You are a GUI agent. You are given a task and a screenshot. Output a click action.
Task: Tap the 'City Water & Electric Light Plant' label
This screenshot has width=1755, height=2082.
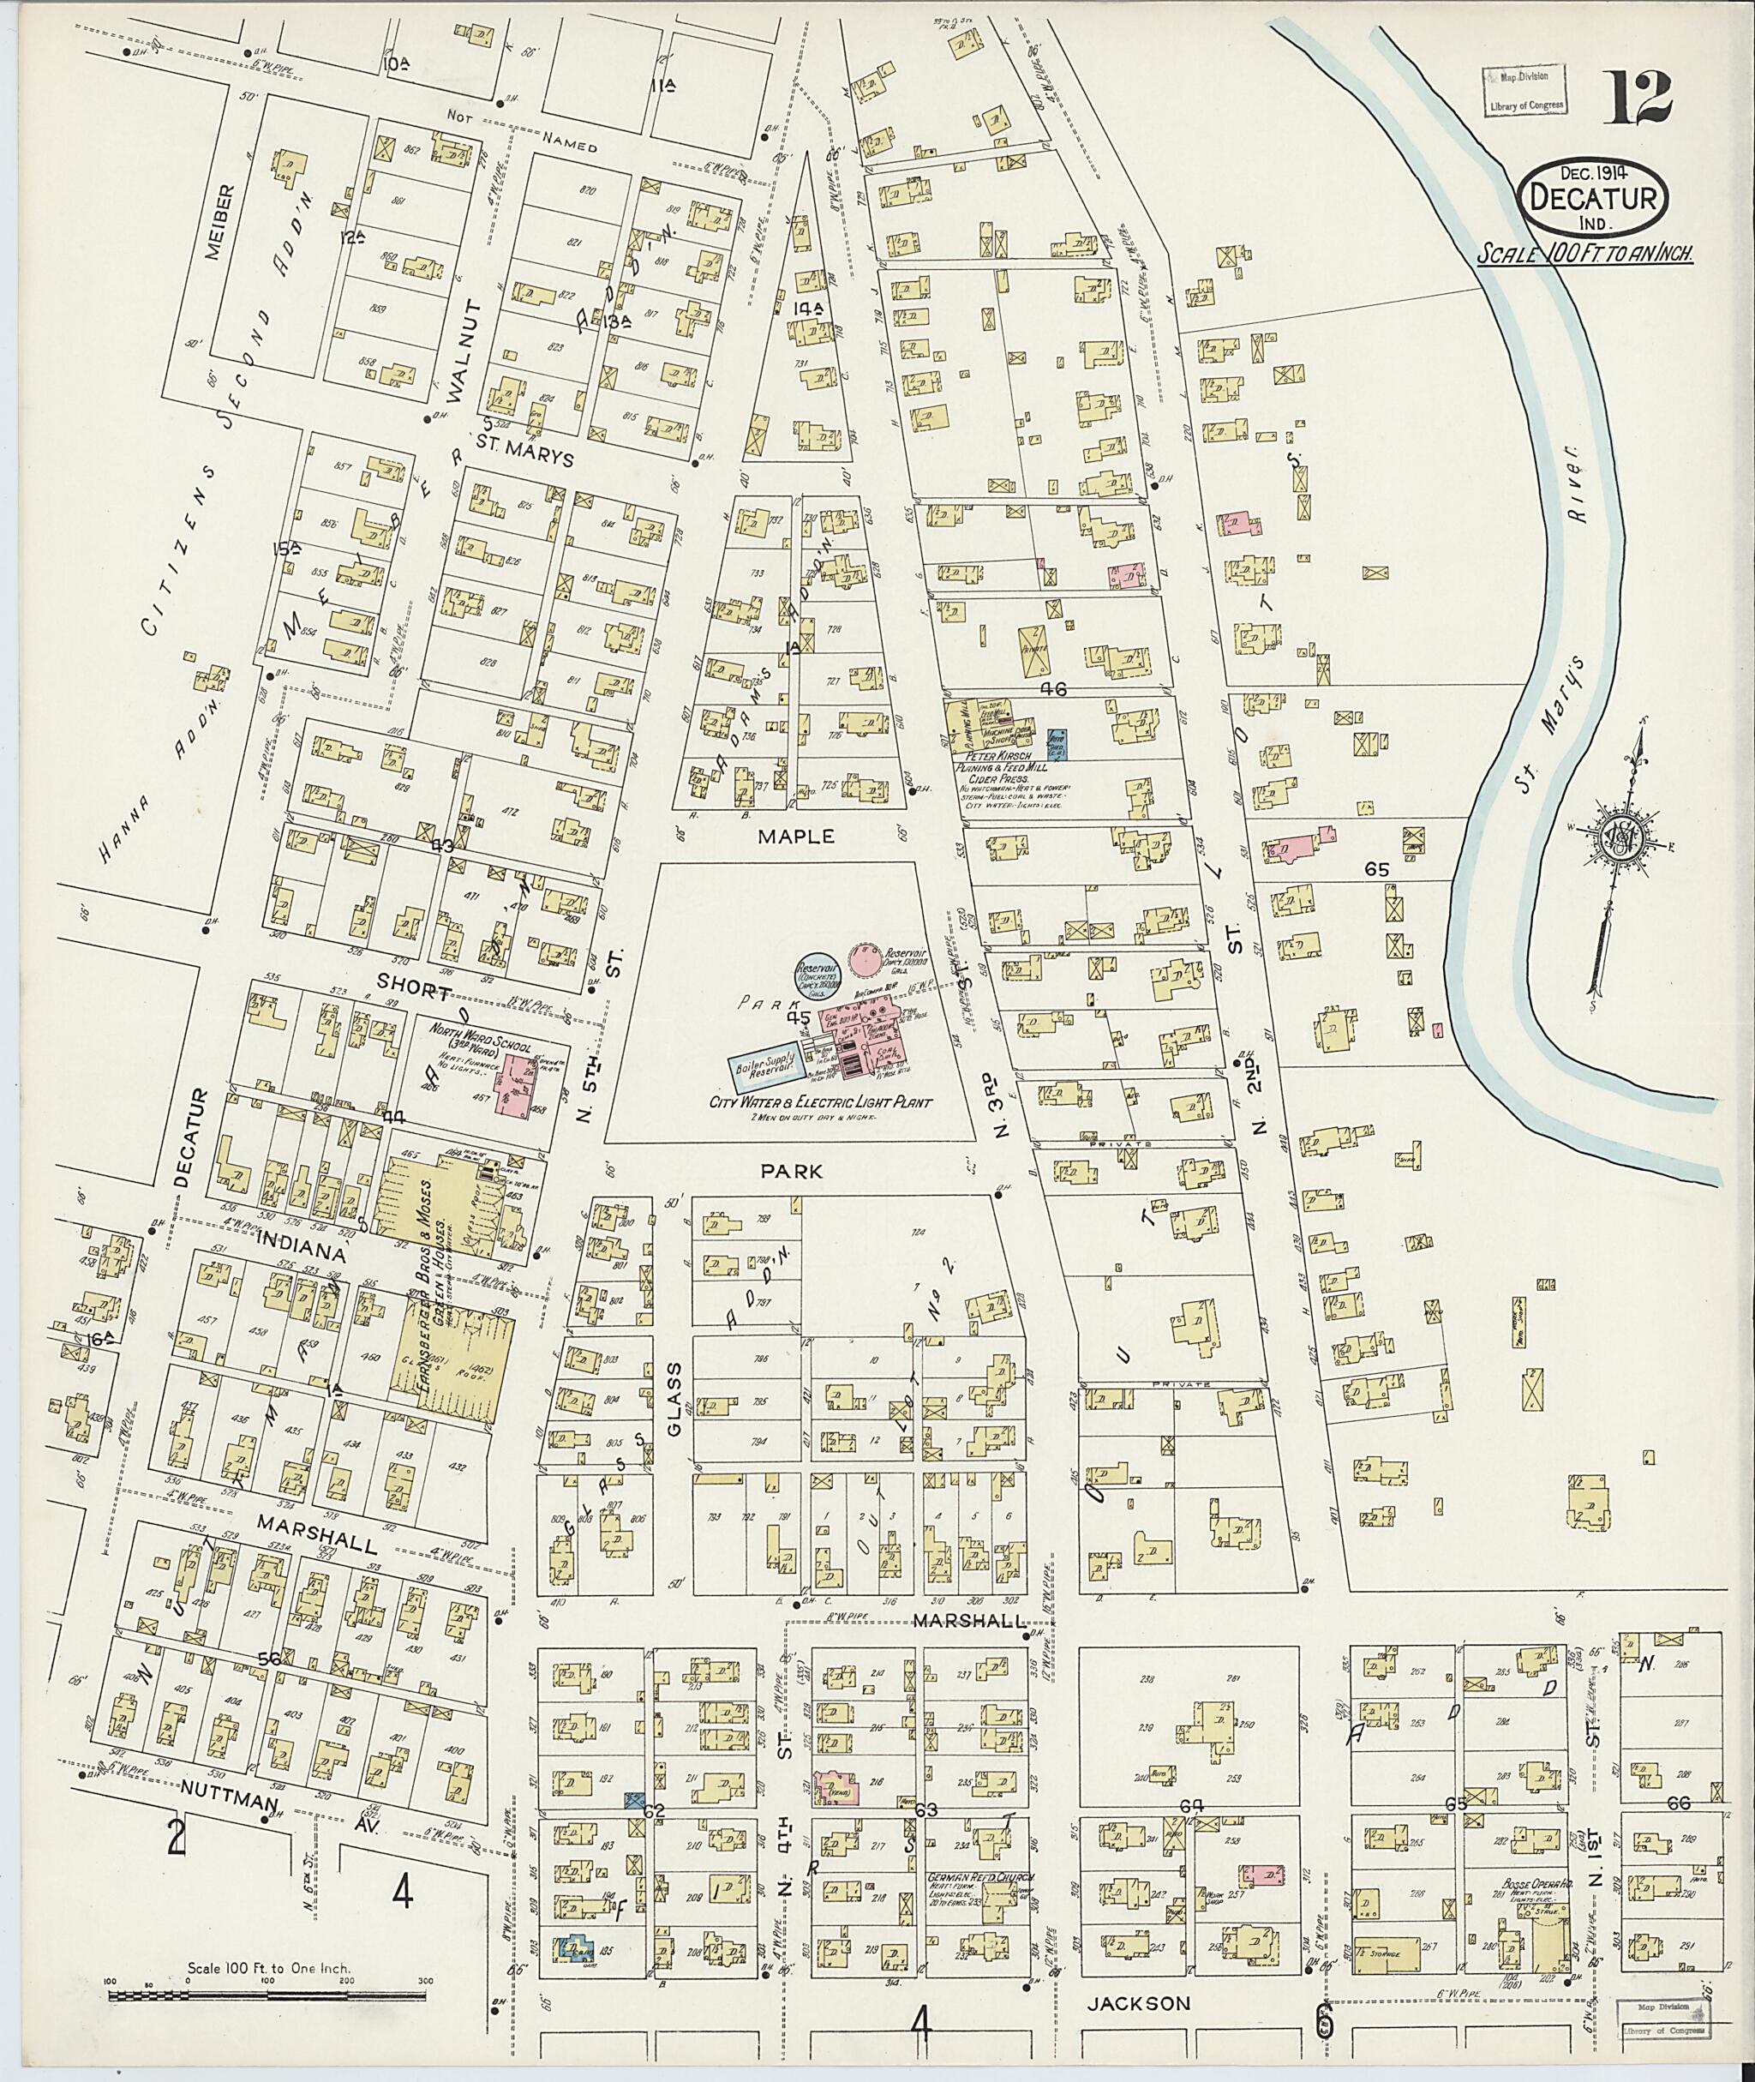[x=821, y=1101]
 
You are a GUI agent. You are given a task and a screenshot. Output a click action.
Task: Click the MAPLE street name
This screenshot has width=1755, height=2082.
[x=796, y=838]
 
